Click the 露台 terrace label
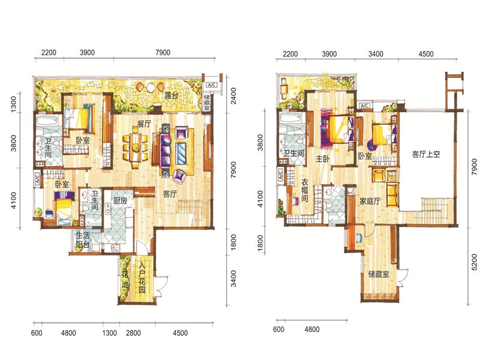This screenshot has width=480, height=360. tap(171, 95)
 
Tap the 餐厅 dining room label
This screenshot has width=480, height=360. tap(144, 124)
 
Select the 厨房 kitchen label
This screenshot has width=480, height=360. tap(120, 200)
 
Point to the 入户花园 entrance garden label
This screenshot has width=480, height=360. tap(142, 277)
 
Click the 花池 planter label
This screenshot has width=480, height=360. tap(125, 280)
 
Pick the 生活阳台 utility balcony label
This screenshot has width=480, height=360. tap(83, 239)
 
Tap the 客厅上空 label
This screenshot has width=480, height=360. tap(426, 154)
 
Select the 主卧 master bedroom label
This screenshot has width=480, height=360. tap(323, 158)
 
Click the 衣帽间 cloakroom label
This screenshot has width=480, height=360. tap(305, 190)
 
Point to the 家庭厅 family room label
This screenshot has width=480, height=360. tap(370, 201)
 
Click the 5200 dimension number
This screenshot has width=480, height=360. tap(474, 262)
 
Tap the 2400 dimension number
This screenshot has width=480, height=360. tap(233, 96)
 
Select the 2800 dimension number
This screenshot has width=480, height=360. tap(133, 333)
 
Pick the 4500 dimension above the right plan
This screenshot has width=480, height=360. tap(426, 54)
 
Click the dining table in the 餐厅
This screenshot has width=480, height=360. tap(135, 148)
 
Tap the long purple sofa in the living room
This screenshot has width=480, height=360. tap(166, 151)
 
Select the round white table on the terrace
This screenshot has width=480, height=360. tap(151, 88)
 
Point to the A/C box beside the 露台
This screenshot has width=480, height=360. tap(212, 85)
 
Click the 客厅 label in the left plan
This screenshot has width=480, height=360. tap(170, 193)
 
